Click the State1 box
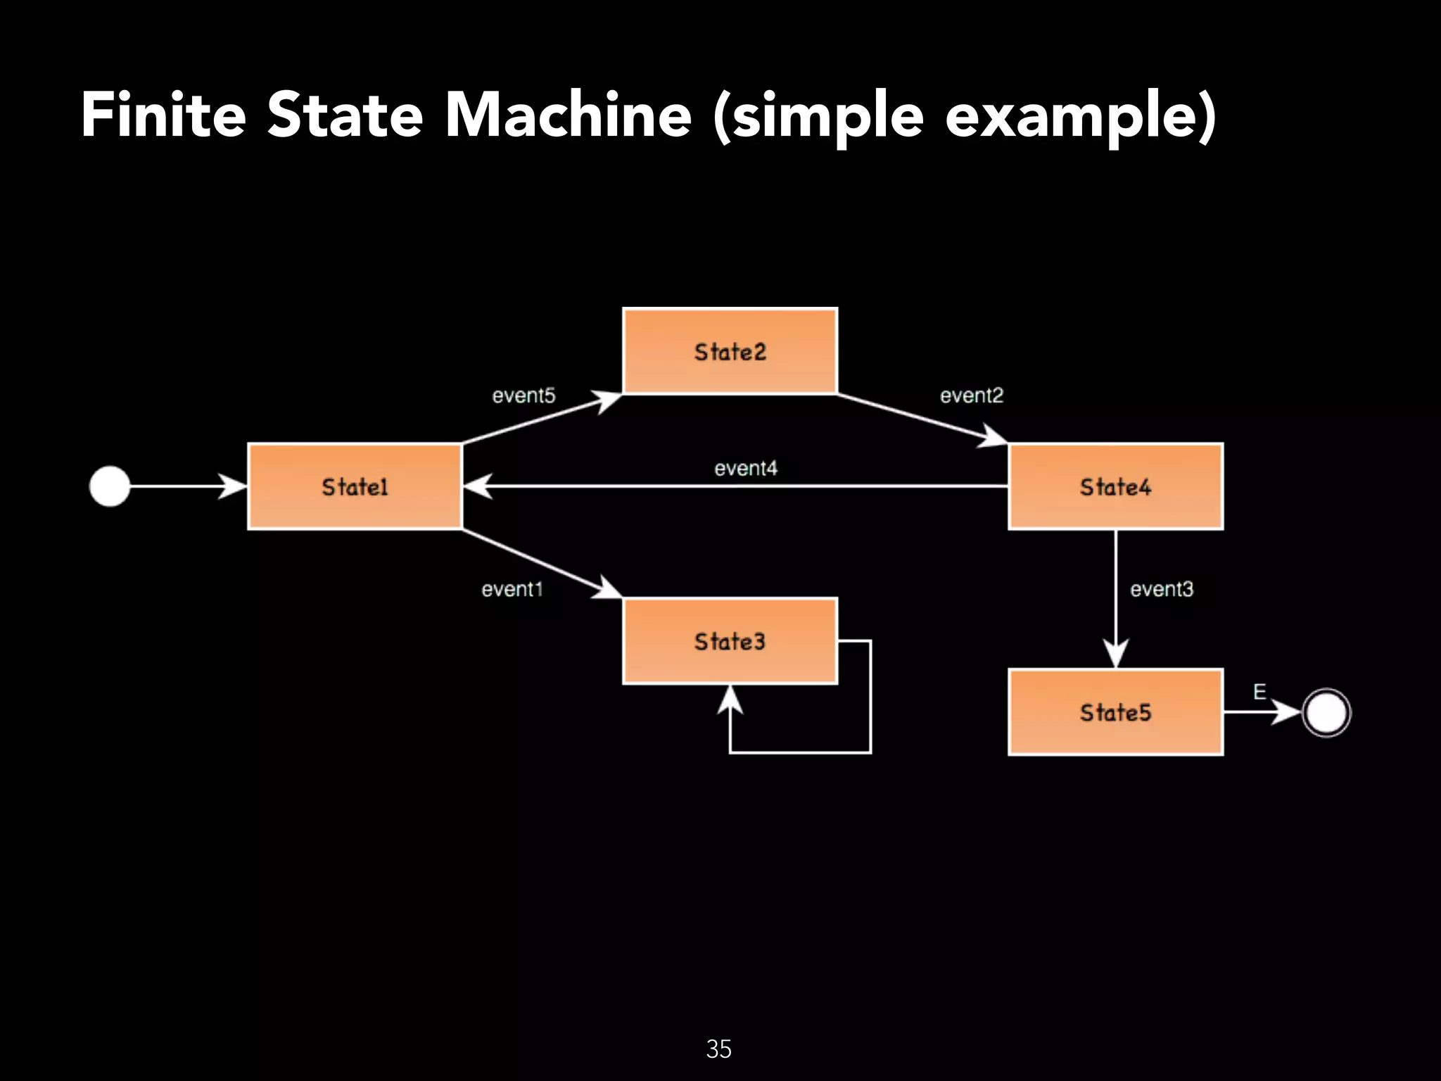355,486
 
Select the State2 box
730,351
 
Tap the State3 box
730,641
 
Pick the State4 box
1115,486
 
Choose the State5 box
1115,712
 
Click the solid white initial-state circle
110,486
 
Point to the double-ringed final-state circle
1326,712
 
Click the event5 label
523,396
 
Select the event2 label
971,396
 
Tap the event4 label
746,468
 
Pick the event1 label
512,589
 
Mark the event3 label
1162,589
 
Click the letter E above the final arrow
1259,692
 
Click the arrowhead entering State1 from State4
477,486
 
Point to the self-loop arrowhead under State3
730,700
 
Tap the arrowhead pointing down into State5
1115,653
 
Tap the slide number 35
718,1049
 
